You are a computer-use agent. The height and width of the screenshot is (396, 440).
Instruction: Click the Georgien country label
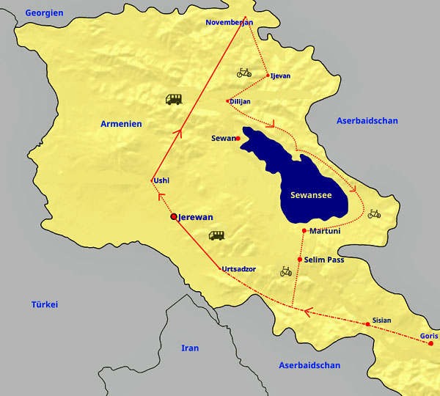(x=44, y=13)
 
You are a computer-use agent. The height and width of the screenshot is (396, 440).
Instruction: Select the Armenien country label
(x=121, y=124)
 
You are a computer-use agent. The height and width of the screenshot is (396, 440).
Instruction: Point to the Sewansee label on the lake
(x=311, y=195)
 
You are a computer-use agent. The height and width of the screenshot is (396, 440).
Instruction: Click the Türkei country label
(x=44, y=304)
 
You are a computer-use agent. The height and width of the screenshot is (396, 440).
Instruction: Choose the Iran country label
(x=190, y=348)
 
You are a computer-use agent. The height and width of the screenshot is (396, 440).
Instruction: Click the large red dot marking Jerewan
(x=174, y=216)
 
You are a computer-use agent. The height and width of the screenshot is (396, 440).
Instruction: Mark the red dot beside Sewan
(x=238, y=138)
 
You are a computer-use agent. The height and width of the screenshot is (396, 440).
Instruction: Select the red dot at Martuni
(x=304, y=231)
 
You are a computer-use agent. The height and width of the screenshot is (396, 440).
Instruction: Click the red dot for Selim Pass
(x=299, y=260)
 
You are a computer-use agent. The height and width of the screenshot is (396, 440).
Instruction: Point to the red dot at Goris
(x=431, y=343)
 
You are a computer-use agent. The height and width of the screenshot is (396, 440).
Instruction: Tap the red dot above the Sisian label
(x=367, y=324)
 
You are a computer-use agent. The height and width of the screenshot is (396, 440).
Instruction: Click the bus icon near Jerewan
(x=216, y=235)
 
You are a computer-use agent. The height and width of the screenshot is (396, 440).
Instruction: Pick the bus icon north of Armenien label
(x=174, y=99)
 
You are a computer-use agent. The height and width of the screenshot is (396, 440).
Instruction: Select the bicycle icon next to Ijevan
(x=244, y=73)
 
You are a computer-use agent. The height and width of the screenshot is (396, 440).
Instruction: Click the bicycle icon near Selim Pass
(x=286, y=272)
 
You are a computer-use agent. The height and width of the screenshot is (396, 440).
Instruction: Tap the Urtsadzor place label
(x=239, y=269)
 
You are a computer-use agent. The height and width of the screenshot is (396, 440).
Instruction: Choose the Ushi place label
(x=162, y=180)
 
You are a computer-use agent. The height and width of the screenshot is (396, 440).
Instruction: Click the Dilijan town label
(x=241, y=101)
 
